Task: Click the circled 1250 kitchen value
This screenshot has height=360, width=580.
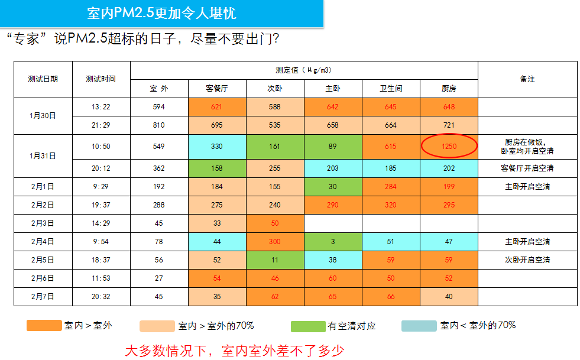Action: point(449,146)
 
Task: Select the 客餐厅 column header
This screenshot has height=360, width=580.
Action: point(217,89)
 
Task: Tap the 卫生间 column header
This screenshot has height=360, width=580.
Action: point(391,89)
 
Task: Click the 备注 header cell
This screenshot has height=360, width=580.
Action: point(527,79)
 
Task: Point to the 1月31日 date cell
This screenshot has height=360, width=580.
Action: point(43,156)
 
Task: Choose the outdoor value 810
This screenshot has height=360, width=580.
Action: point(158,125)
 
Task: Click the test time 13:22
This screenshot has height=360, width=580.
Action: point(101,107)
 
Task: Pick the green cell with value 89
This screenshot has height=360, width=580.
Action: point(333,146)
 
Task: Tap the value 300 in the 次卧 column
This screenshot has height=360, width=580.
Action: point(275,241)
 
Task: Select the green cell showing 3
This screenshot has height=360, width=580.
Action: point(333,241)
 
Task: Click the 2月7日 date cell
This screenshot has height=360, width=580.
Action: point(43,296)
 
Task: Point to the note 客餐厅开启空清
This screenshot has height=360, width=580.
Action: point(527,168)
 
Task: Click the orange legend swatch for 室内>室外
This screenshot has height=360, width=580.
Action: point(44,326)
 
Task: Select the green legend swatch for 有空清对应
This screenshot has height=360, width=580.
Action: point(308,326)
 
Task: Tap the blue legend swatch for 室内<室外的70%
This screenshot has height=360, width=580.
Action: point(419,326)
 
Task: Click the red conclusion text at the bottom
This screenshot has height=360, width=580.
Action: point(234,350)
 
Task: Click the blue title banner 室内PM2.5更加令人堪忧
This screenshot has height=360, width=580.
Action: point(161,13)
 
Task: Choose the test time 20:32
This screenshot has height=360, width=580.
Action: point(101,296)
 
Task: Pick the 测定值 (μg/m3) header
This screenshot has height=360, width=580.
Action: point(303,70)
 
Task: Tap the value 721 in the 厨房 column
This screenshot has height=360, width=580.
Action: point(449,125)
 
